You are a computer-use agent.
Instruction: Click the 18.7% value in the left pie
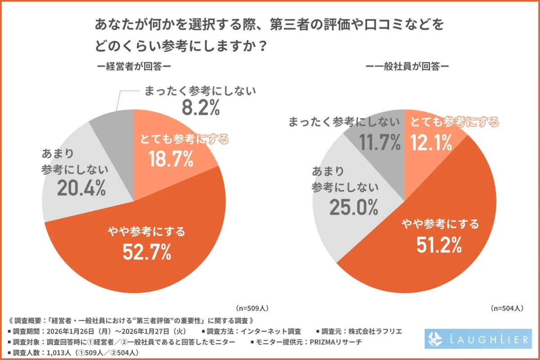171,158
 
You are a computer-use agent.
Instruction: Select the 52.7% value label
147,252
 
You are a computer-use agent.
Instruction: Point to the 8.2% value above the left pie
199,108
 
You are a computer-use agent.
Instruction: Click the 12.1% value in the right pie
431,143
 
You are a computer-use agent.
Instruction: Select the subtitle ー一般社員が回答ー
407,66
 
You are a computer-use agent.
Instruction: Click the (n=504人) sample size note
507,308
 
